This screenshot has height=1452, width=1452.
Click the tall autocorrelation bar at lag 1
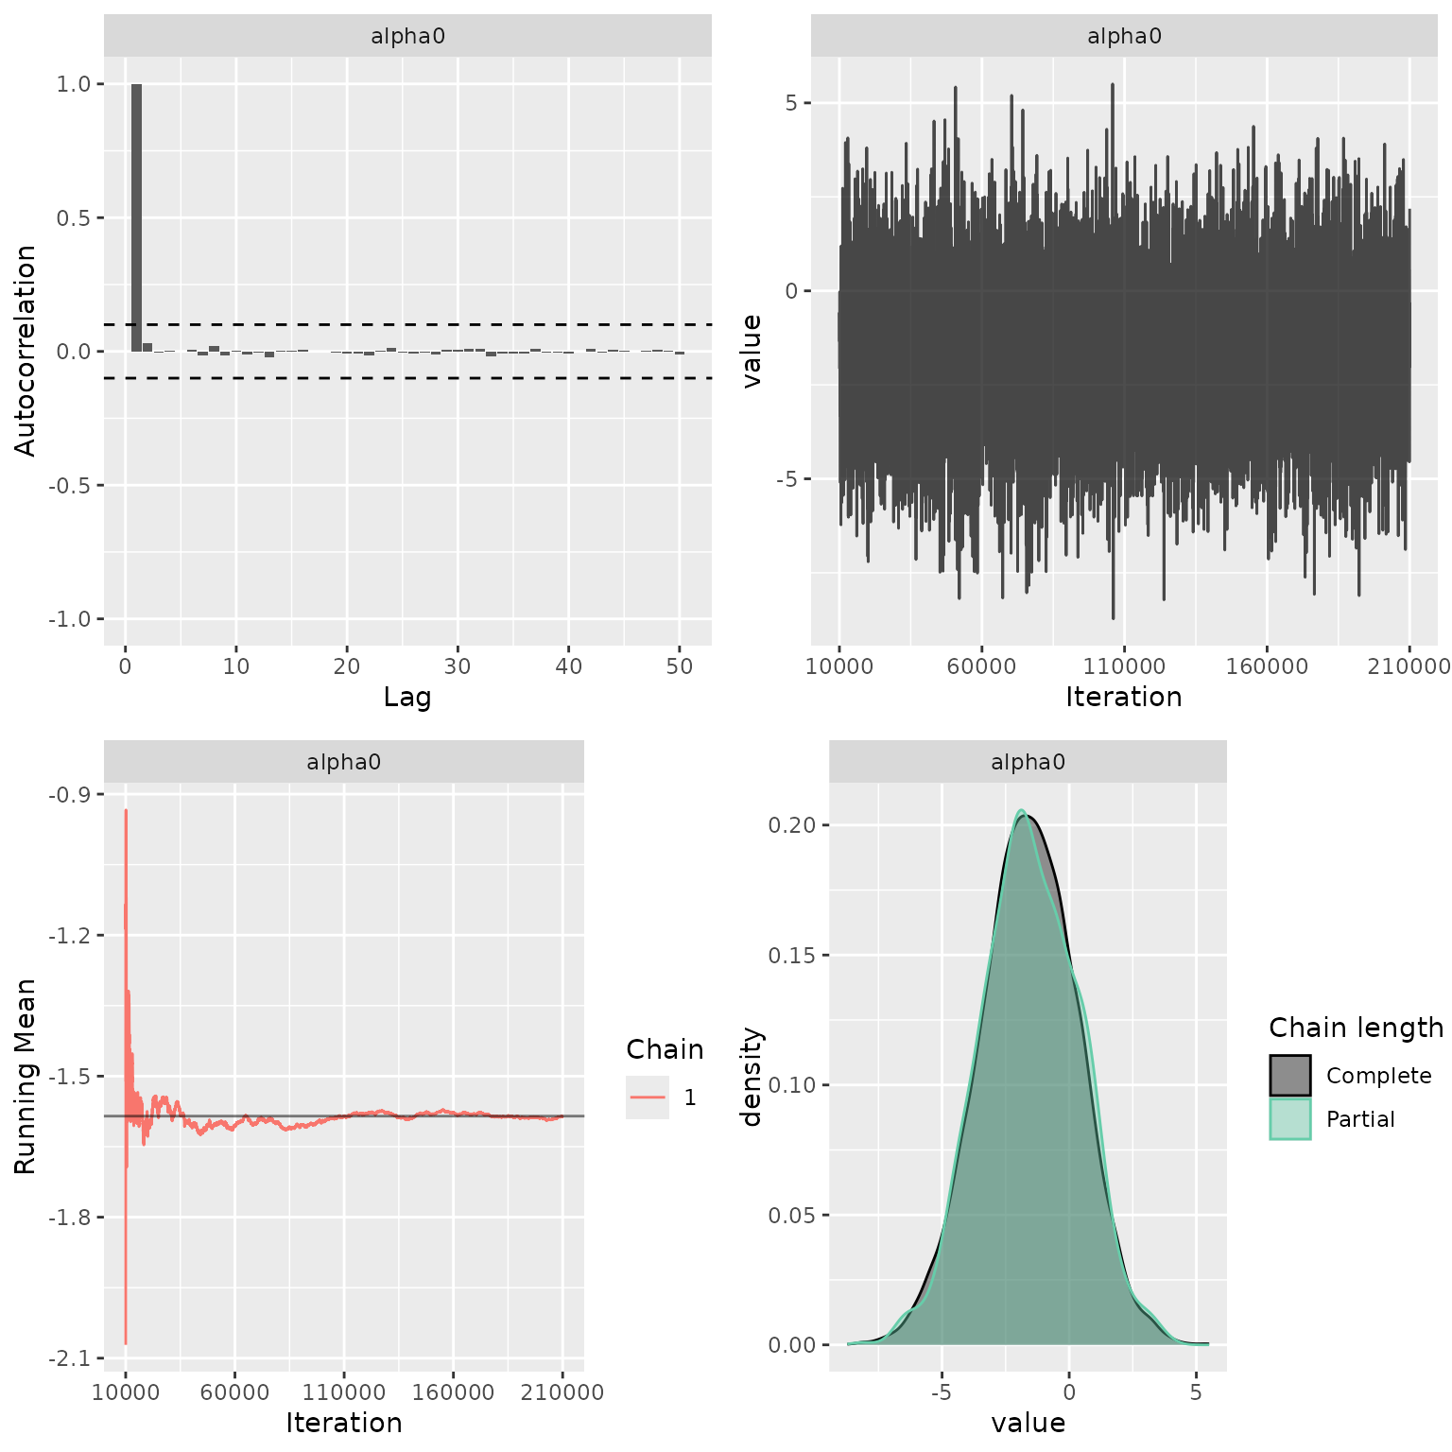[136, 217]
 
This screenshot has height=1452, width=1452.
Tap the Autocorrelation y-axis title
[26, 351]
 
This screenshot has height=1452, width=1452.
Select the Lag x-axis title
[407, 698]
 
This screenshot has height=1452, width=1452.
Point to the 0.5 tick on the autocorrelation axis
[74, 218]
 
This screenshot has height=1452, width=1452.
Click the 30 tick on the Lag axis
[458, 666]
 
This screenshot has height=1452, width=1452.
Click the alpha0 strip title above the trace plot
[1124, 37]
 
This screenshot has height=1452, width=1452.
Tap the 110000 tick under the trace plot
[1124, 666]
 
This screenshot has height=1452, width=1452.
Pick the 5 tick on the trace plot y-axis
[791, 103]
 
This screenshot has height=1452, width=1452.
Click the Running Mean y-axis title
[26, 1076]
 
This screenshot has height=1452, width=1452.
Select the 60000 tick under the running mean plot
[234, 1392]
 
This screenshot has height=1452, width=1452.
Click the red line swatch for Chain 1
[648, 1098]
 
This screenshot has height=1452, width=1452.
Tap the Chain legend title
[665, 1049]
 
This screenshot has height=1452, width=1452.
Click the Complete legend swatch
[1290, 1076]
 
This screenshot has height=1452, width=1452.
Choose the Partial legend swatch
[1290, 1119]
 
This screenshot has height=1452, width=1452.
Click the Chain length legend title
[1356, 1028]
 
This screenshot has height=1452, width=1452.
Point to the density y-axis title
[752, 1076]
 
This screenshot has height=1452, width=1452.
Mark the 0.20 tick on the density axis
[791, 825]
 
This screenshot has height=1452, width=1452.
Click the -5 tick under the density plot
[942, 1392]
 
